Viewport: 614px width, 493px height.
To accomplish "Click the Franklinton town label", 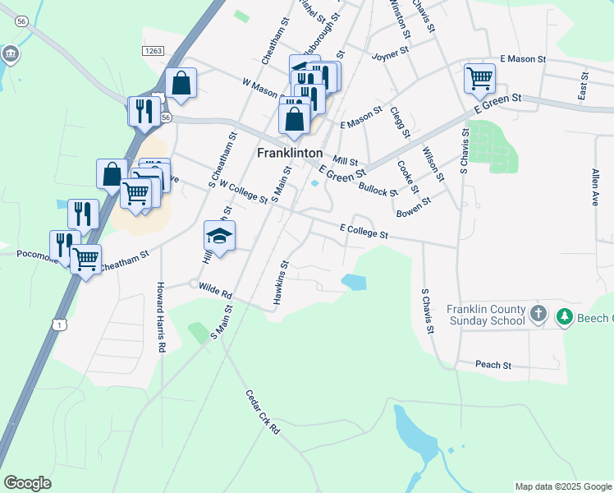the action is coord(290,153).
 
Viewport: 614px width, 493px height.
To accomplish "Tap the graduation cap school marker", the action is coord(219,236).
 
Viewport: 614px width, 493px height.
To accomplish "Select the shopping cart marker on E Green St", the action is coord(480,79).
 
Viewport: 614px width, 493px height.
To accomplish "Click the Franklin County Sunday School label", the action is coord(486,315).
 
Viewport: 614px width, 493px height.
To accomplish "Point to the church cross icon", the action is coord(538,313).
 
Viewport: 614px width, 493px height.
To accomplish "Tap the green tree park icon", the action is coord(565,316).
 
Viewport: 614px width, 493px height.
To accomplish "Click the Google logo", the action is coord(27,483).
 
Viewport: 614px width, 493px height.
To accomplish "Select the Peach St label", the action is coord(494,364).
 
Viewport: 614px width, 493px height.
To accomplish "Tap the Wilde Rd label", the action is coord(216,290).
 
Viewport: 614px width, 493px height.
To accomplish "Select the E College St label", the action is coord(363,231).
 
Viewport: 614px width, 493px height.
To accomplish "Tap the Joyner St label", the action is coord(390,54).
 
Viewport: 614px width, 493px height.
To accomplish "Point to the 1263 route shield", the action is coord(153,51).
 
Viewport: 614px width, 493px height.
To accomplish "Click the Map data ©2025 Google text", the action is coord(562,486).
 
